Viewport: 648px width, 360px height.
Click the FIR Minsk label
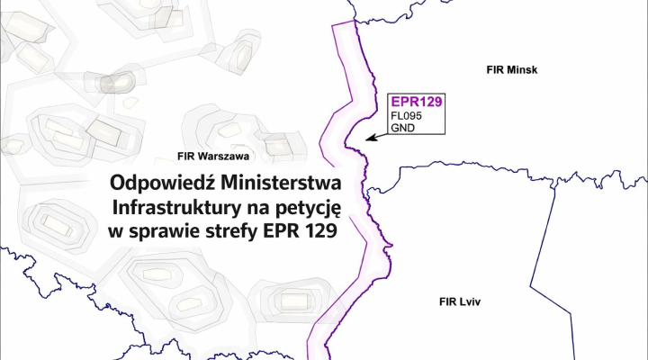509,69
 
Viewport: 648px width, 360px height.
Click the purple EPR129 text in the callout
414,102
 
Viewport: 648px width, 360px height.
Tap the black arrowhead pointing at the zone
371,139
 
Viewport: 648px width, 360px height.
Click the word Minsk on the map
522,69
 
